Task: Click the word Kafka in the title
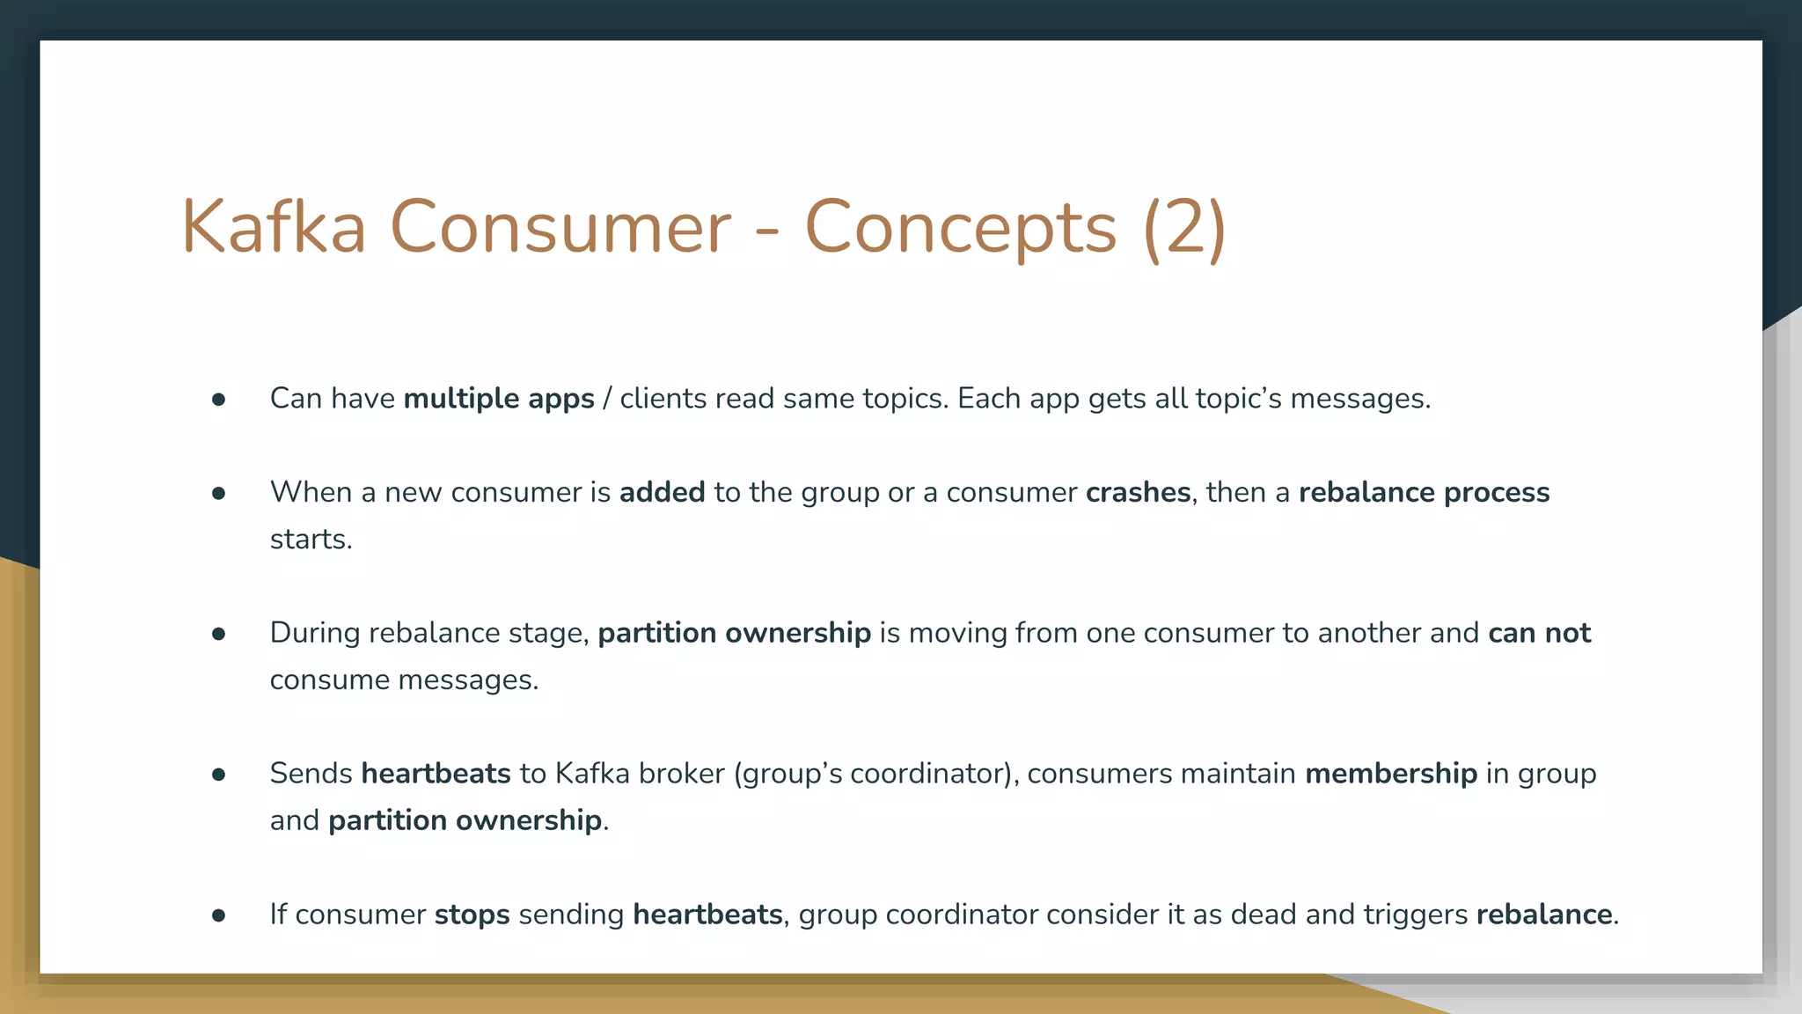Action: click(274, 227)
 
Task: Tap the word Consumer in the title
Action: click(560, 227)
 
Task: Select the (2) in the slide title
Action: click(1184, 227)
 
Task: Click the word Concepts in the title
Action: click(960, 227)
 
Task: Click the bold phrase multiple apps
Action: click(499, 399)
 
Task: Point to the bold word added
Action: click(662, 492)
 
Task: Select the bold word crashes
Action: click(1138, 492)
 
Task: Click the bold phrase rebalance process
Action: click(1424, 492)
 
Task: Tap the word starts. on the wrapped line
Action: click(311, 539)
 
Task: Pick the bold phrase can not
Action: click(1539, 633)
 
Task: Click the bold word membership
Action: click(1390, 774)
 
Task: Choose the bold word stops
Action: click(472, 915)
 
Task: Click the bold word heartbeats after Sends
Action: click(436, 774)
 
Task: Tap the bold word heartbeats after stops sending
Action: click(707, 915)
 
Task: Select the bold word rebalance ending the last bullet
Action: click(1544, 915)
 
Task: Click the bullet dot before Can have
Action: click(219, 400)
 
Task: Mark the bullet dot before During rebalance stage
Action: click(219, 634)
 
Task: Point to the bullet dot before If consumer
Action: click(219, 915)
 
